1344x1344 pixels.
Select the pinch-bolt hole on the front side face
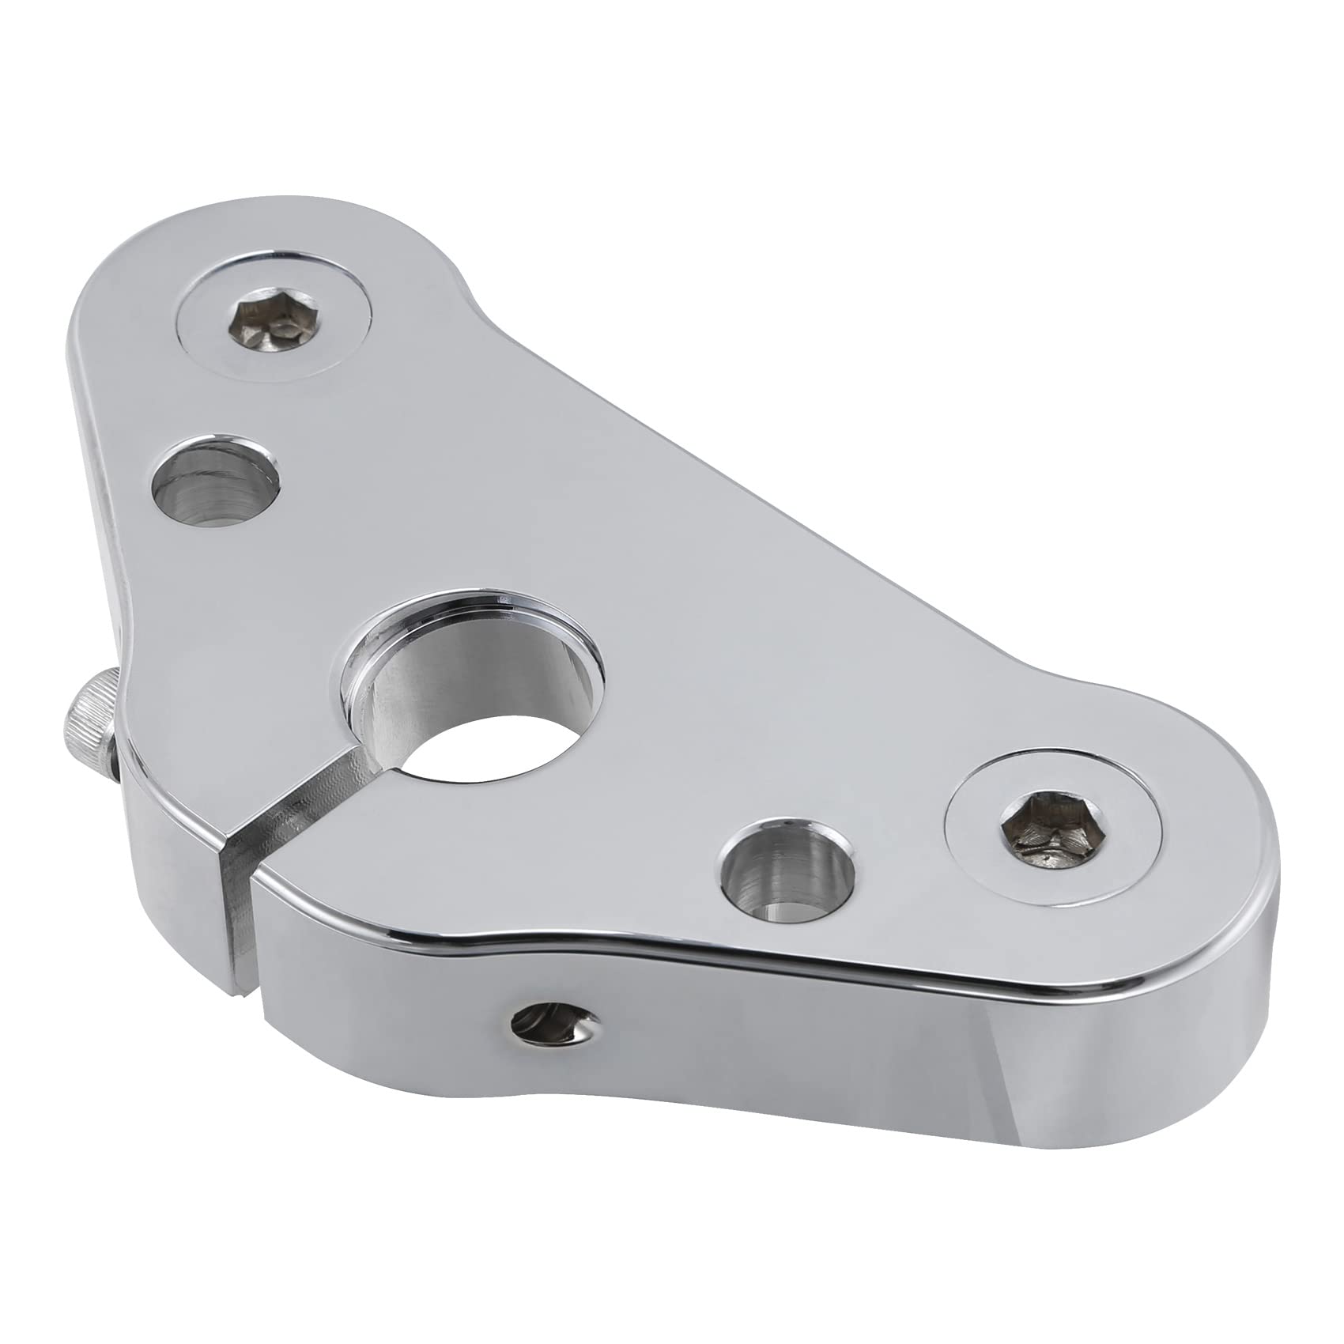pyautogui.click(x=551, y=1025)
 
